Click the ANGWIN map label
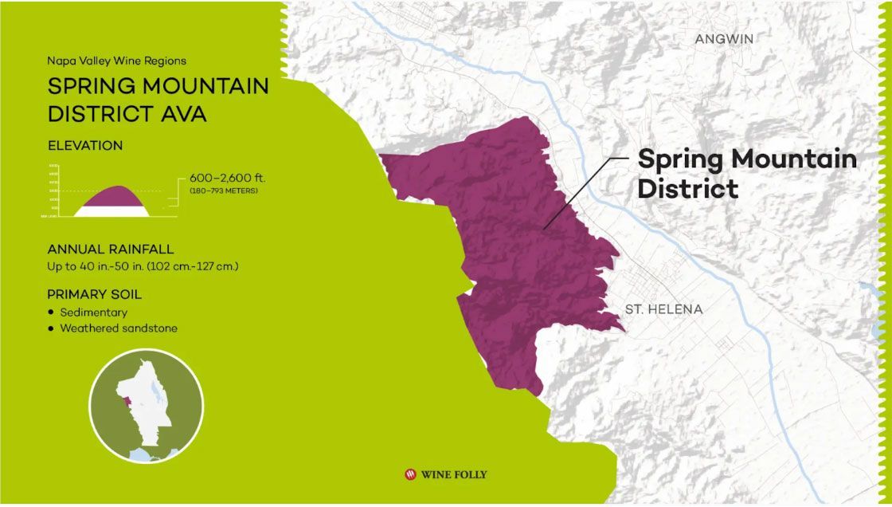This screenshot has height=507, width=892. click(x=723, y=39)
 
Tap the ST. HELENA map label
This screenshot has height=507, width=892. click(x=663, y=309)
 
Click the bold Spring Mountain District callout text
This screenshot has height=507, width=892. click(x=746, y=173)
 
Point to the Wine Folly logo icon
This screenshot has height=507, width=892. click(x=411, y=474)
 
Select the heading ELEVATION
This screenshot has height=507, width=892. click(x=85, y=146)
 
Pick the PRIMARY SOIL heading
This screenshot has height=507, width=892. click(x=94, y=294)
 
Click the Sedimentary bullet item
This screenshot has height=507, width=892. click(x=93, y=312)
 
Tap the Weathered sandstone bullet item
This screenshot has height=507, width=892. click(x=119, y=328)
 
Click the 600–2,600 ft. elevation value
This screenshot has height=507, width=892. click(x=227, y=179)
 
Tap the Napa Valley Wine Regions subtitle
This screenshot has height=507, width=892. click(x=116, y=61)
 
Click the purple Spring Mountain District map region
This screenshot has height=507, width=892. click(x=510, y=255)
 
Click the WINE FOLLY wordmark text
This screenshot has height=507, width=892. click(x=455, y=474)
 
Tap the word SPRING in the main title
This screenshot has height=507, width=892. click(x=92, y=86)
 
